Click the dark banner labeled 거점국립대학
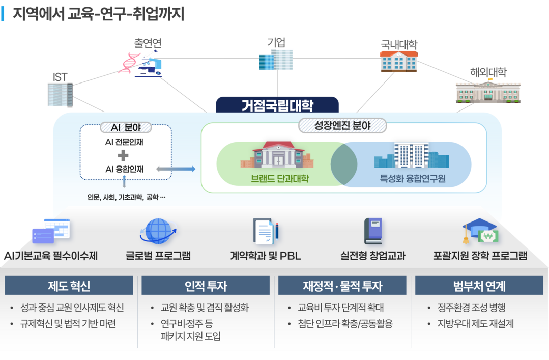point(277,105)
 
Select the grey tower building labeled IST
point(60,95)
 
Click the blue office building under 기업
point(276,60)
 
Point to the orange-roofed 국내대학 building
point(399,61)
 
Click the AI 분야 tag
point(126,128)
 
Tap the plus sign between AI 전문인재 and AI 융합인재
point(123,155)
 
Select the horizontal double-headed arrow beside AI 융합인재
point(176,169)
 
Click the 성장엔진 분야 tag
point(342,125)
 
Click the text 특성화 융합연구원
point(413,179)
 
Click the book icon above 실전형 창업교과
point(372,231)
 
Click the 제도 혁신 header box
point(69,286)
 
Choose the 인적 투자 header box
point(206,286)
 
